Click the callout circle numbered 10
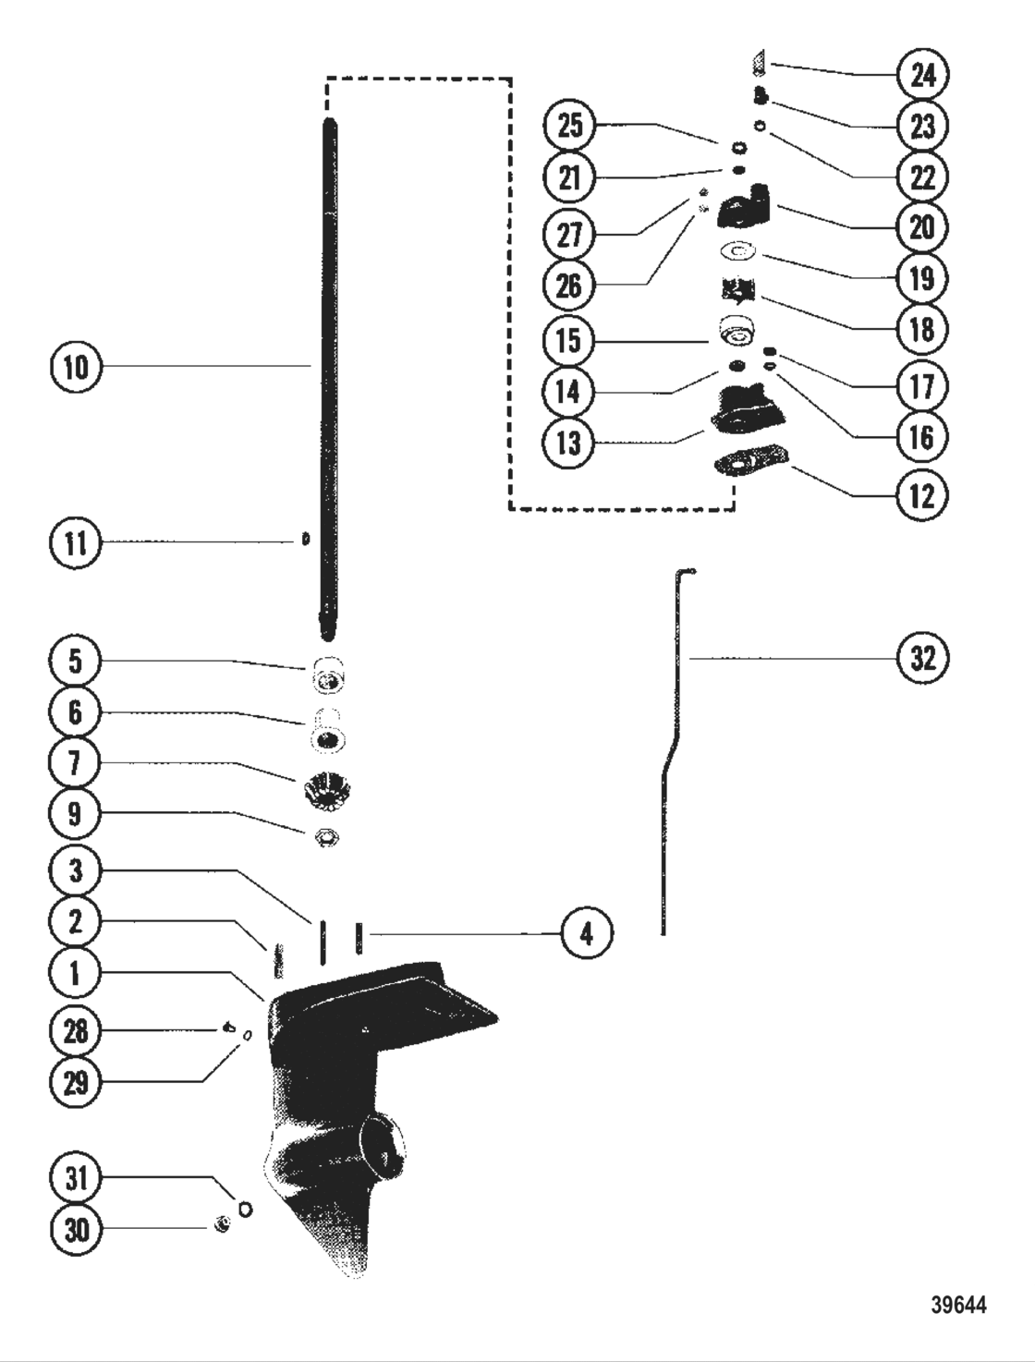point(75,367)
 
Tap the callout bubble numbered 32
point(922,658)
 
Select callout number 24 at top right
point(922,74)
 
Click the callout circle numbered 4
point(587,933)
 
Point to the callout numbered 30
point(75,1229)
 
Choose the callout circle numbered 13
point(570,443)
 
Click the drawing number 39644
point(958,1305)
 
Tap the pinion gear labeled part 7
point(325,791)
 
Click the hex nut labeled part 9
point(327,838)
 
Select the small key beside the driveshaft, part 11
point(306,539)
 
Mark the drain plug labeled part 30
point(222,1225)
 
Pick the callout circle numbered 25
point(570,125)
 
